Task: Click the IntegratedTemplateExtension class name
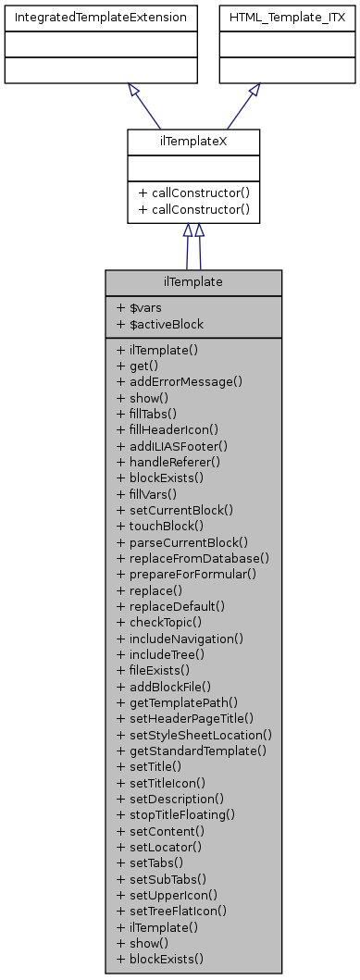pyautogui.click(x=100, y=18)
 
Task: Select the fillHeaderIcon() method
pyautogui.click(x=168, y=429)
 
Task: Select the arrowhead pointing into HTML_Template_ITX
pyautogui.click(x=254, y=90)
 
